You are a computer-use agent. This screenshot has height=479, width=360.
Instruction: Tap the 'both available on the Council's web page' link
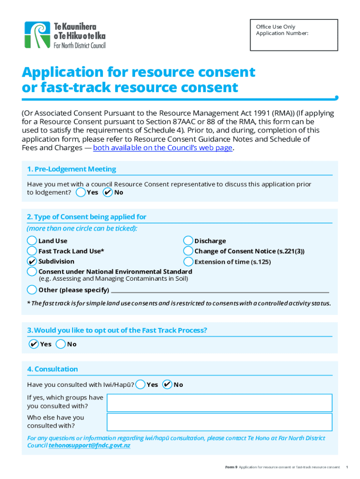click(163, 148)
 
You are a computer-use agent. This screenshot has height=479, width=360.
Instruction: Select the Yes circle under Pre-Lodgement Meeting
click(81, 192)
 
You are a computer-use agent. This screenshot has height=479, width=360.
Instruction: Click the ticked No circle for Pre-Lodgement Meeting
click(108, 192)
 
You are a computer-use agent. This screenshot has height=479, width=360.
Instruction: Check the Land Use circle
click(32, 241)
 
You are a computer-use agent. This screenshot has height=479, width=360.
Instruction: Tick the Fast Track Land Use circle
click(32, 251)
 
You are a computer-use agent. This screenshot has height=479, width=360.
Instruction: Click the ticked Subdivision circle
click(32, 261)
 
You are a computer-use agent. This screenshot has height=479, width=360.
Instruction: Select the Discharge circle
click(188, 241)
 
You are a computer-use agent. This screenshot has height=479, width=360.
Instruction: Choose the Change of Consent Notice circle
click(188, 251)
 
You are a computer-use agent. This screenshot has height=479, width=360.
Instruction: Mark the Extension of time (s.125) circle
click(188, 261)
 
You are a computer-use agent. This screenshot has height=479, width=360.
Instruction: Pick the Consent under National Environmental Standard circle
click(32, 272)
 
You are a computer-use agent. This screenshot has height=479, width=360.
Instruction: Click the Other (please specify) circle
click(32, 290)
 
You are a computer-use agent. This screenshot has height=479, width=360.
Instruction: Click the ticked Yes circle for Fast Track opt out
click(34, 344)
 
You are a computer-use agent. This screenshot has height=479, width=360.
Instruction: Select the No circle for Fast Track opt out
click(60, 344)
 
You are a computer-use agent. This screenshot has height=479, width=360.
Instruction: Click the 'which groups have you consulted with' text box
click(219, 402)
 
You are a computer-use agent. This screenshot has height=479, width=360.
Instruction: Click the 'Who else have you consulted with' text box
click(219, 421)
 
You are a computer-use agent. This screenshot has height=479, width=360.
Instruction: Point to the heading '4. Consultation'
click(53, 369)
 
